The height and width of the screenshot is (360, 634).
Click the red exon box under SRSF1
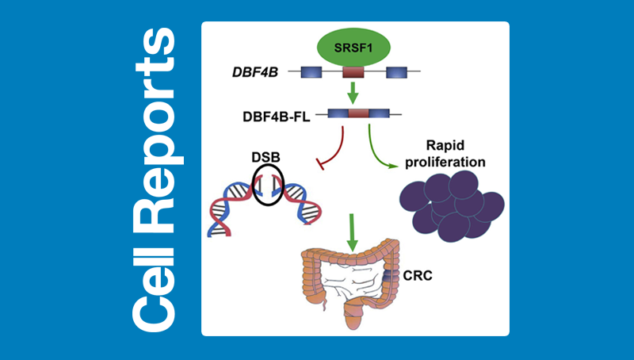point(353,72)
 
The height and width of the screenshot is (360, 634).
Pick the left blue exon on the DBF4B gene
point(310,72)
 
